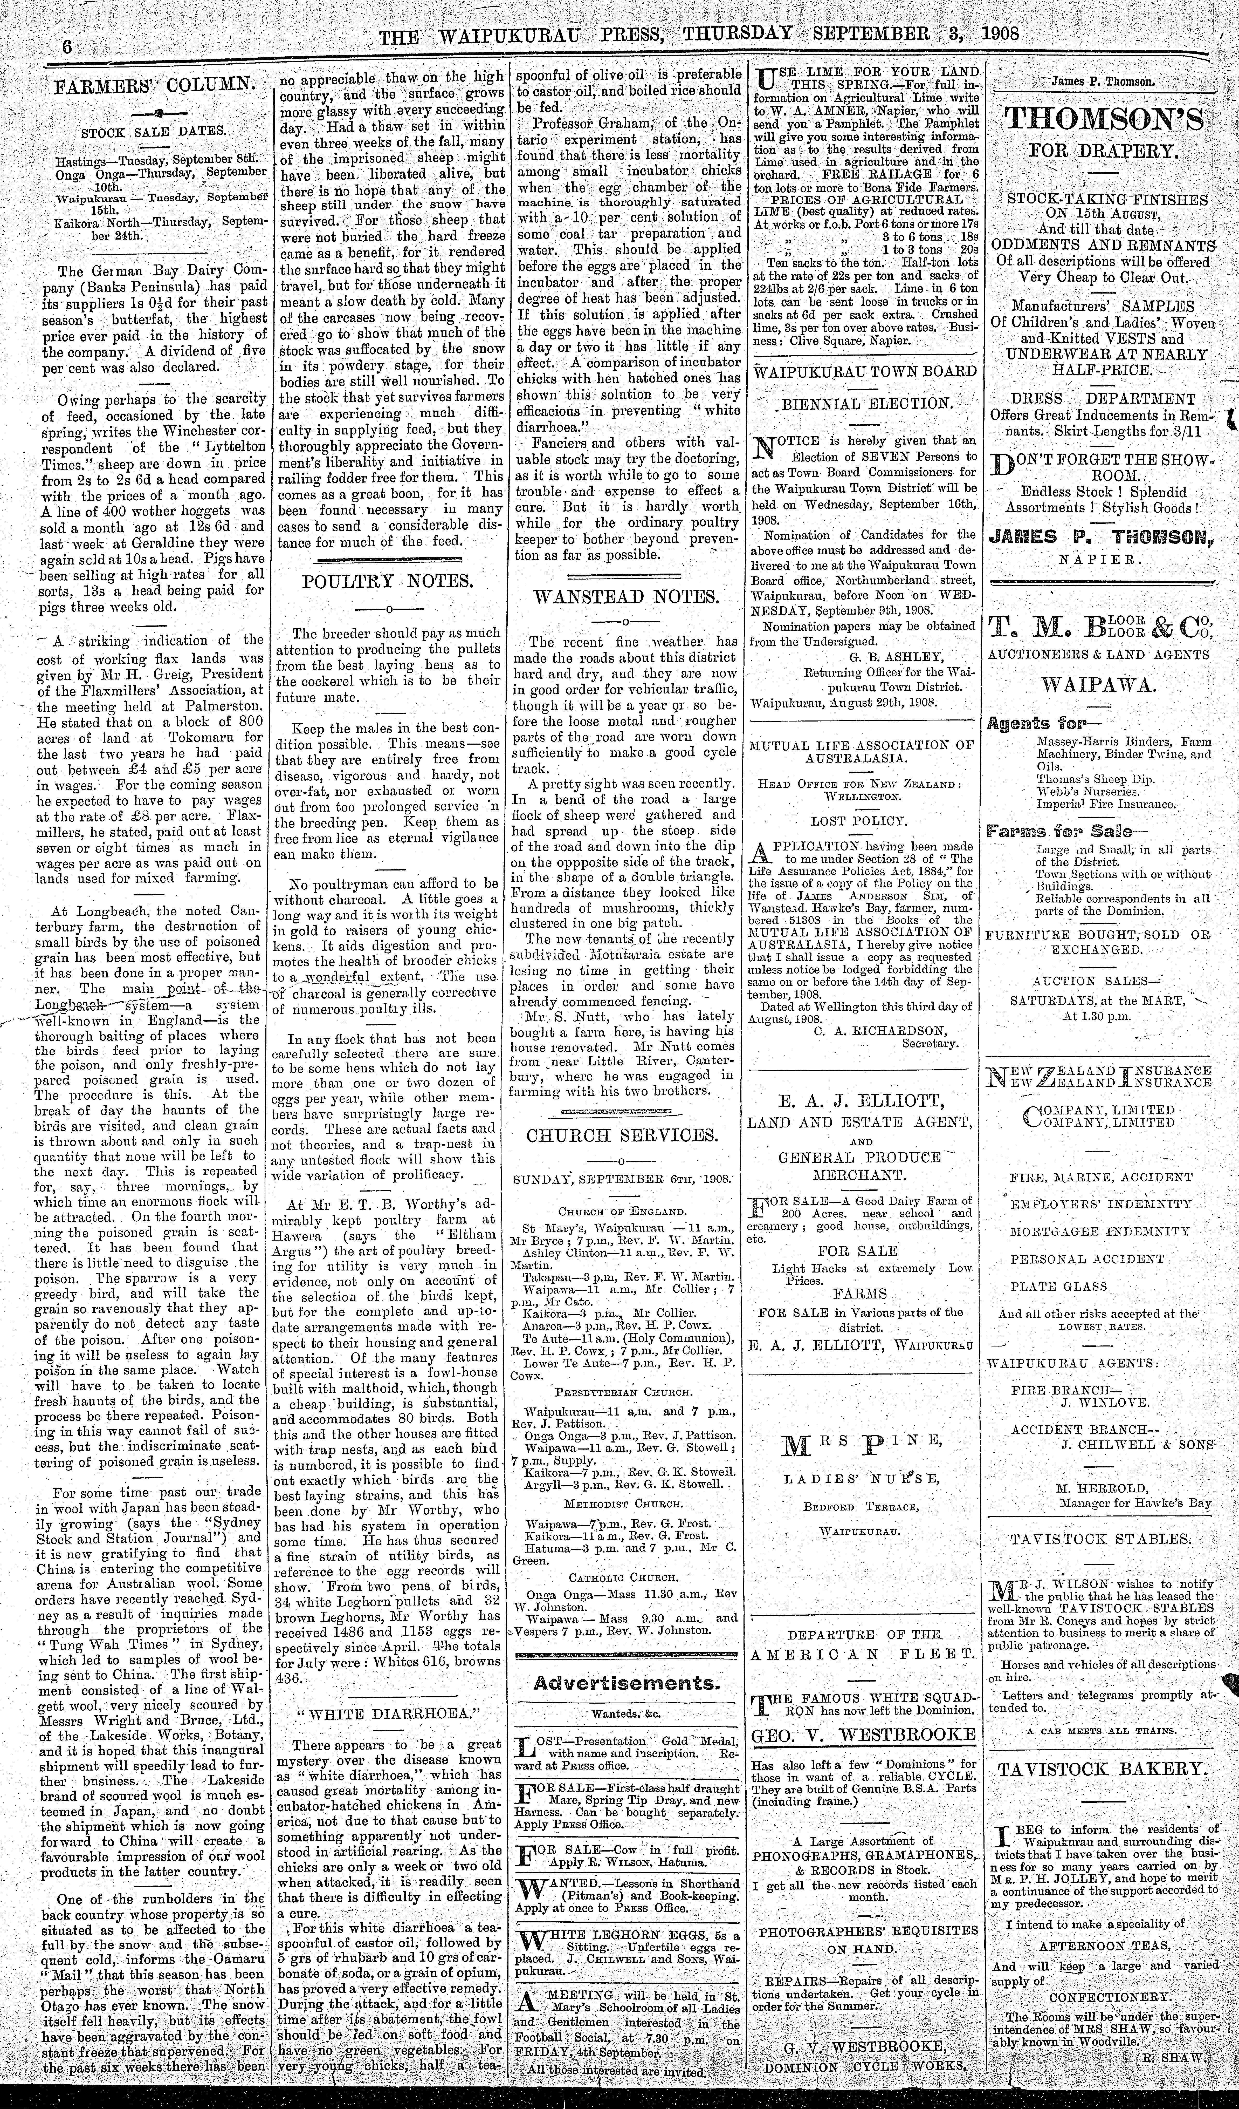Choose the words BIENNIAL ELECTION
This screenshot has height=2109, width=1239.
[867, 403]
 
